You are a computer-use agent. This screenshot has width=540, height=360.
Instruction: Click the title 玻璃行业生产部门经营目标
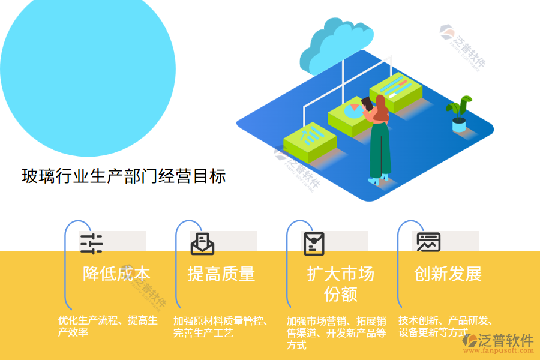point(124,176)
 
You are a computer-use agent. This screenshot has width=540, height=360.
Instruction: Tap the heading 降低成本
point(116,274)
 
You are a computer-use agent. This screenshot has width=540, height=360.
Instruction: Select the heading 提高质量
point(221,274)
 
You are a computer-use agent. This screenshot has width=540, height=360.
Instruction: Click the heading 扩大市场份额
point(340,284)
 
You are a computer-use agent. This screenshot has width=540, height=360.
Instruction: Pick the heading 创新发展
point(448,274)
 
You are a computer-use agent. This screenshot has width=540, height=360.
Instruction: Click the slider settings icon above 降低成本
point(91,244)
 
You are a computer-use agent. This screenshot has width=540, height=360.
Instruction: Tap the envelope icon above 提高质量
point(202,244)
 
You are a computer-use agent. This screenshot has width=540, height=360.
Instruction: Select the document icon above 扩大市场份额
point(314,244)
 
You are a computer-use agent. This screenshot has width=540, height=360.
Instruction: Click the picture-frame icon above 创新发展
point(429,242)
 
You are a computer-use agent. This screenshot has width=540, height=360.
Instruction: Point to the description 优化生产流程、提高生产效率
point(107,326)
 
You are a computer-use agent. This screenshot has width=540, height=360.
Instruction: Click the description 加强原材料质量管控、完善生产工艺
point(220,326)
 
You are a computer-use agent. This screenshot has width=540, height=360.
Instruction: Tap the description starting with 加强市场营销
point(336,332)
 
